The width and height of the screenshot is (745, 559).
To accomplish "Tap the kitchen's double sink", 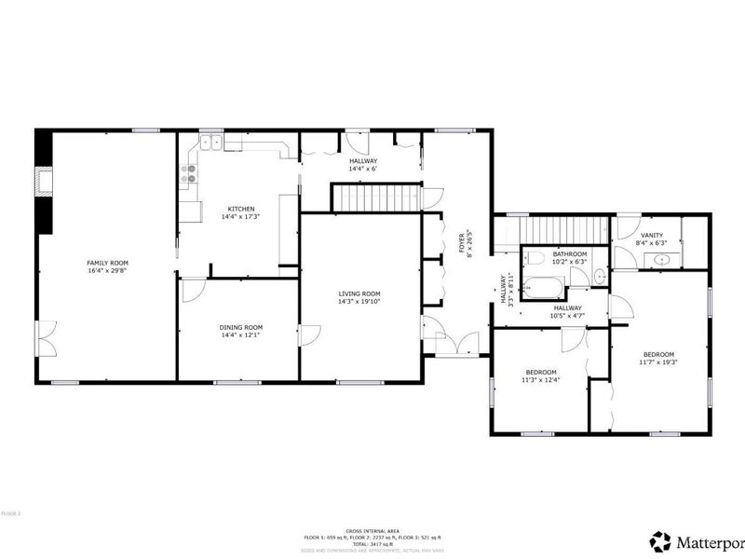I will point(211,143).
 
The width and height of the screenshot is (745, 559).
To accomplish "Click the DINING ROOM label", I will point(240,327).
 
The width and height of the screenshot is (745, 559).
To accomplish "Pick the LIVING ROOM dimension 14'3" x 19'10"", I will point(359,301).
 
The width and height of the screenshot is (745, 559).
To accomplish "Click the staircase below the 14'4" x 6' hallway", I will point(372,198).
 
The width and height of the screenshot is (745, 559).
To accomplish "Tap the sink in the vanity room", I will point(661,259).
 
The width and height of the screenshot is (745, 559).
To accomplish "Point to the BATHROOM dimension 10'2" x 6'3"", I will point(569,262).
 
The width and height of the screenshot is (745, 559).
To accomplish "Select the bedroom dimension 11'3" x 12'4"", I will point(539,379).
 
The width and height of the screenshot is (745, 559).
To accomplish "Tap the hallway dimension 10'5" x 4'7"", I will point(567,316).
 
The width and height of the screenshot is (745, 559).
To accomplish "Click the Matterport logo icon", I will point(660,540).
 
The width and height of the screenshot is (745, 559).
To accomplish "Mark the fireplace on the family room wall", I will point(42,182).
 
